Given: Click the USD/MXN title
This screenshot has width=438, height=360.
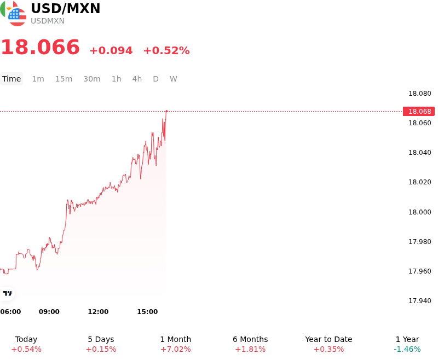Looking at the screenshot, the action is (x=65, y=9).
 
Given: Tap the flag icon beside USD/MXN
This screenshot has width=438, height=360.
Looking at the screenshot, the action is (x=13, y=13).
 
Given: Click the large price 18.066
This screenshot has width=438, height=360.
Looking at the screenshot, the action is (x=41, y=47).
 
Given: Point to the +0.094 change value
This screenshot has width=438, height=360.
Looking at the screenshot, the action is (x=111, y=50).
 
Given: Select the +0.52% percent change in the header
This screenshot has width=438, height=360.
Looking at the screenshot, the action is (x=166, y=50).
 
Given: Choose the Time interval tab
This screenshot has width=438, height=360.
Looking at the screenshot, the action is (x=11, y=79).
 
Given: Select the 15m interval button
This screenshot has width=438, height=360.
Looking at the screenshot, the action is (x=64, y=79).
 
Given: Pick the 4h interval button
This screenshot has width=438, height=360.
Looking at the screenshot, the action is (x=137, y=79).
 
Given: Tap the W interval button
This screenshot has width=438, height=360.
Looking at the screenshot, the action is (x=173, y=79).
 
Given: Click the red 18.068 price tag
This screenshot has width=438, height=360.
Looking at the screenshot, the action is (x=419, y=112).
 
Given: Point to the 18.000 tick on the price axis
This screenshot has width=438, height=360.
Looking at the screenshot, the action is (x=419, y=212).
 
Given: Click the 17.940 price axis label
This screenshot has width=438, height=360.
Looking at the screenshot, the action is (x=419, y=300).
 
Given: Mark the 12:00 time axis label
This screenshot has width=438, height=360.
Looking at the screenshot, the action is (x=98, y=311).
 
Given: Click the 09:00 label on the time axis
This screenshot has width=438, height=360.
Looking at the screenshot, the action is (x=49, y=311).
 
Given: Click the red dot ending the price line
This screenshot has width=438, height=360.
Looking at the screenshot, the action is (x=167, y=111).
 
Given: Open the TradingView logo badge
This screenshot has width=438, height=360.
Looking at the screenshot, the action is (x=7, y=293).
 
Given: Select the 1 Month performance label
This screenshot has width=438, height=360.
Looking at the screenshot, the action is (x=175, y=339).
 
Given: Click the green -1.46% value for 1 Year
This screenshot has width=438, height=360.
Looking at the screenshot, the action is (x=407, y=349).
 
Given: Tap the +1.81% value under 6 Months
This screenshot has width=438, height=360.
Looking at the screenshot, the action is (x=250, y=349).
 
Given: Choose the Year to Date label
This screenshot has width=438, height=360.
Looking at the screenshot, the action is (x=328, y=339).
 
